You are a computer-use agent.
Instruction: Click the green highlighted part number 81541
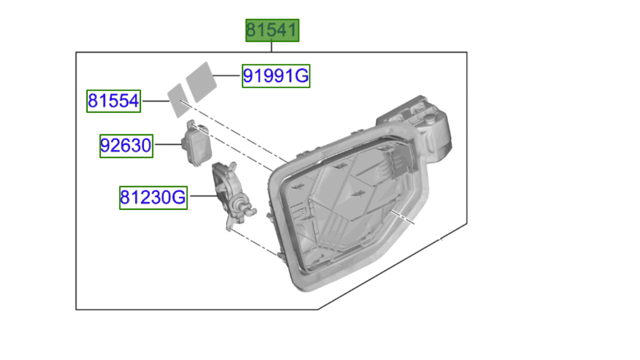point(272,30)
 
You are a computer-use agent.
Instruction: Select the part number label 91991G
point(276,76)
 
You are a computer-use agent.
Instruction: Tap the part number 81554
point(113,101)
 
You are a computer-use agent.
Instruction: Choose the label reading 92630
point(126,146)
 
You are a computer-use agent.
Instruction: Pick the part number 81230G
point(153,198)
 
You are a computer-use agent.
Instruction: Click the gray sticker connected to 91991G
point(201,82)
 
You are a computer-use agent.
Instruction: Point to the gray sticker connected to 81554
point(178,101)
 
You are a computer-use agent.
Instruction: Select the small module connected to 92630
point(197,143)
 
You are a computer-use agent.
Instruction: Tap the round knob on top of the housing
point(430,119)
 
